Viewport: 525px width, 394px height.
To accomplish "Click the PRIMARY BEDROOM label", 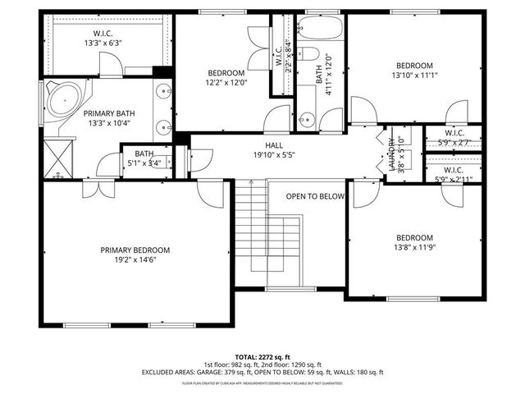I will click(135, 250).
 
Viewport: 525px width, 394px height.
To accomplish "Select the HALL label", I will click(273, 144).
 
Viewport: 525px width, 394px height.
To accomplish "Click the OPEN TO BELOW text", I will click(315, 196).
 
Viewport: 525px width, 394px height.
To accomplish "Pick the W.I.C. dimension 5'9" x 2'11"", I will click(454, 179).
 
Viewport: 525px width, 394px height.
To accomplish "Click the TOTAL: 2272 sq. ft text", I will click(262, 357).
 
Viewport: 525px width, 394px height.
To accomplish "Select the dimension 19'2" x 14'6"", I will click(135, 260).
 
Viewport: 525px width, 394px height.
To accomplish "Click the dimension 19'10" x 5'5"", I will click(273, 154).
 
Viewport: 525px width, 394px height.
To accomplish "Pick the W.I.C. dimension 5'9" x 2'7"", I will click(454, 143).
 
